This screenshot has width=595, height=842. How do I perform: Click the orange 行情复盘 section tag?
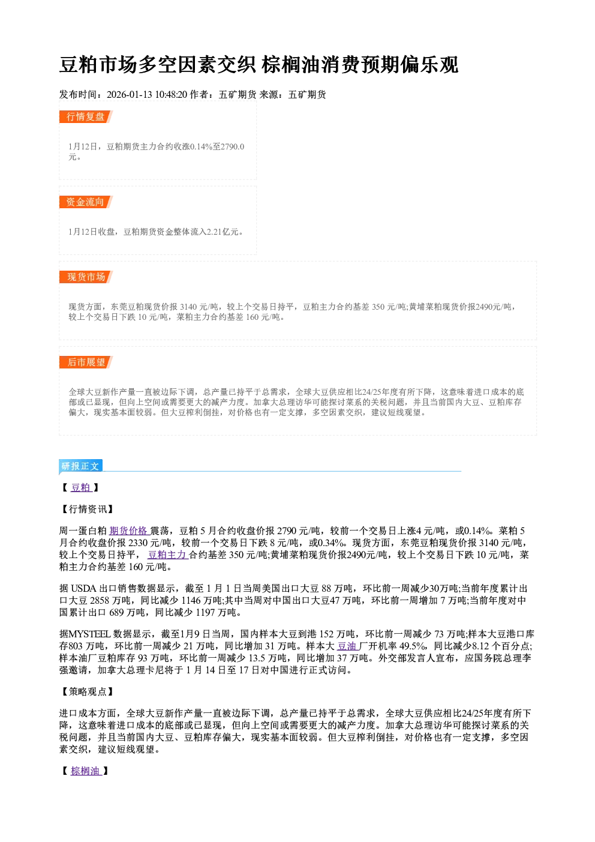coord(86,116)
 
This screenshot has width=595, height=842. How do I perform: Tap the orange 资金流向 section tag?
coord(86,202)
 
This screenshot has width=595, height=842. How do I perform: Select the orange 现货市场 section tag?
coord(86,277)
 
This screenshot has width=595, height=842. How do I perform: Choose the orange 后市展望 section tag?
coord(86,362)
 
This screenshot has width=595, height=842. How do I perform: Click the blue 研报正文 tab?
coord(80,466)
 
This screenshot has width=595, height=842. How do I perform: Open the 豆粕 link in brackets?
coord(81,487)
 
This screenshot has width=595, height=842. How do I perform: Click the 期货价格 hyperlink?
coord(130,531)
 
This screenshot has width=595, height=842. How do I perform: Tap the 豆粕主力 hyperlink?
coord(168,555)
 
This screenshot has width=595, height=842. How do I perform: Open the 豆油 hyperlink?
coord(347,646)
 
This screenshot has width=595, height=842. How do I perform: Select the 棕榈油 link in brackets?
coord(86,771)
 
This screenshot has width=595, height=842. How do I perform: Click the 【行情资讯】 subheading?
coord(87,509)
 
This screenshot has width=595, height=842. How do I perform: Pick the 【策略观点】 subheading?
coord(87,691)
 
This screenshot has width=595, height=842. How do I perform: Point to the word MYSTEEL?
coord(90,634)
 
